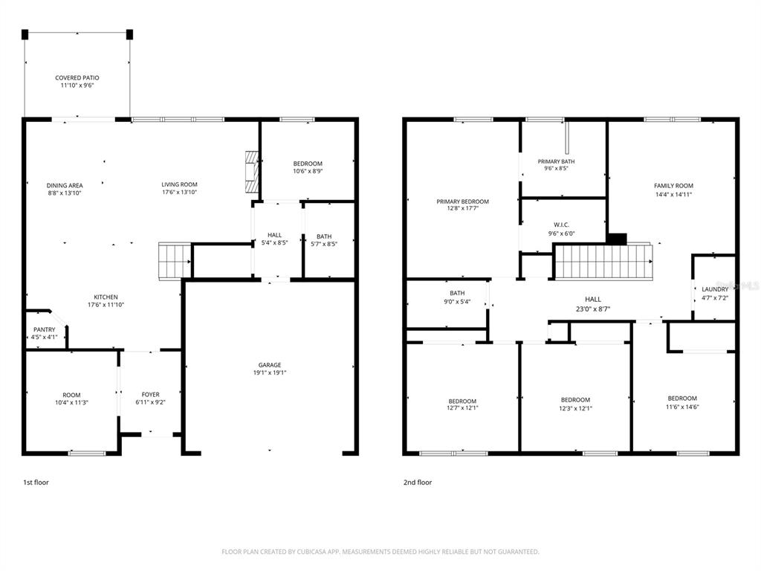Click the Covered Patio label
click(77, 77)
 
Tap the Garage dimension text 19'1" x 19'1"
click(269, 373)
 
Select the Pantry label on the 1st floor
click(45, 329)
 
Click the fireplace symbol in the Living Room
click(252, 172)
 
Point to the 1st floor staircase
click(174, 260)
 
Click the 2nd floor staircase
click(602, 261)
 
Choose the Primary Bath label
click(556, 161)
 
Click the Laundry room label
click(715, 289)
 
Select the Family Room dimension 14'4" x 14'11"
click(673, 195)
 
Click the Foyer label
click(151, 395)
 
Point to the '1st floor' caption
click(36, 483)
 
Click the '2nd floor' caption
click(417, 483)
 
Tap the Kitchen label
click(105, 297)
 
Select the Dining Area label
click(65, 185)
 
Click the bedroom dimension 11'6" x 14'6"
click(681, 407)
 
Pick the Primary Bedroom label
click(462, 201)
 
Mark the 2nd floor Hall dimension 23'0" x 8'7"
click(592, 309)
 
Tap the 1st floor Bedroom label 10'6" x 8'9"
click(307, 164)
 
